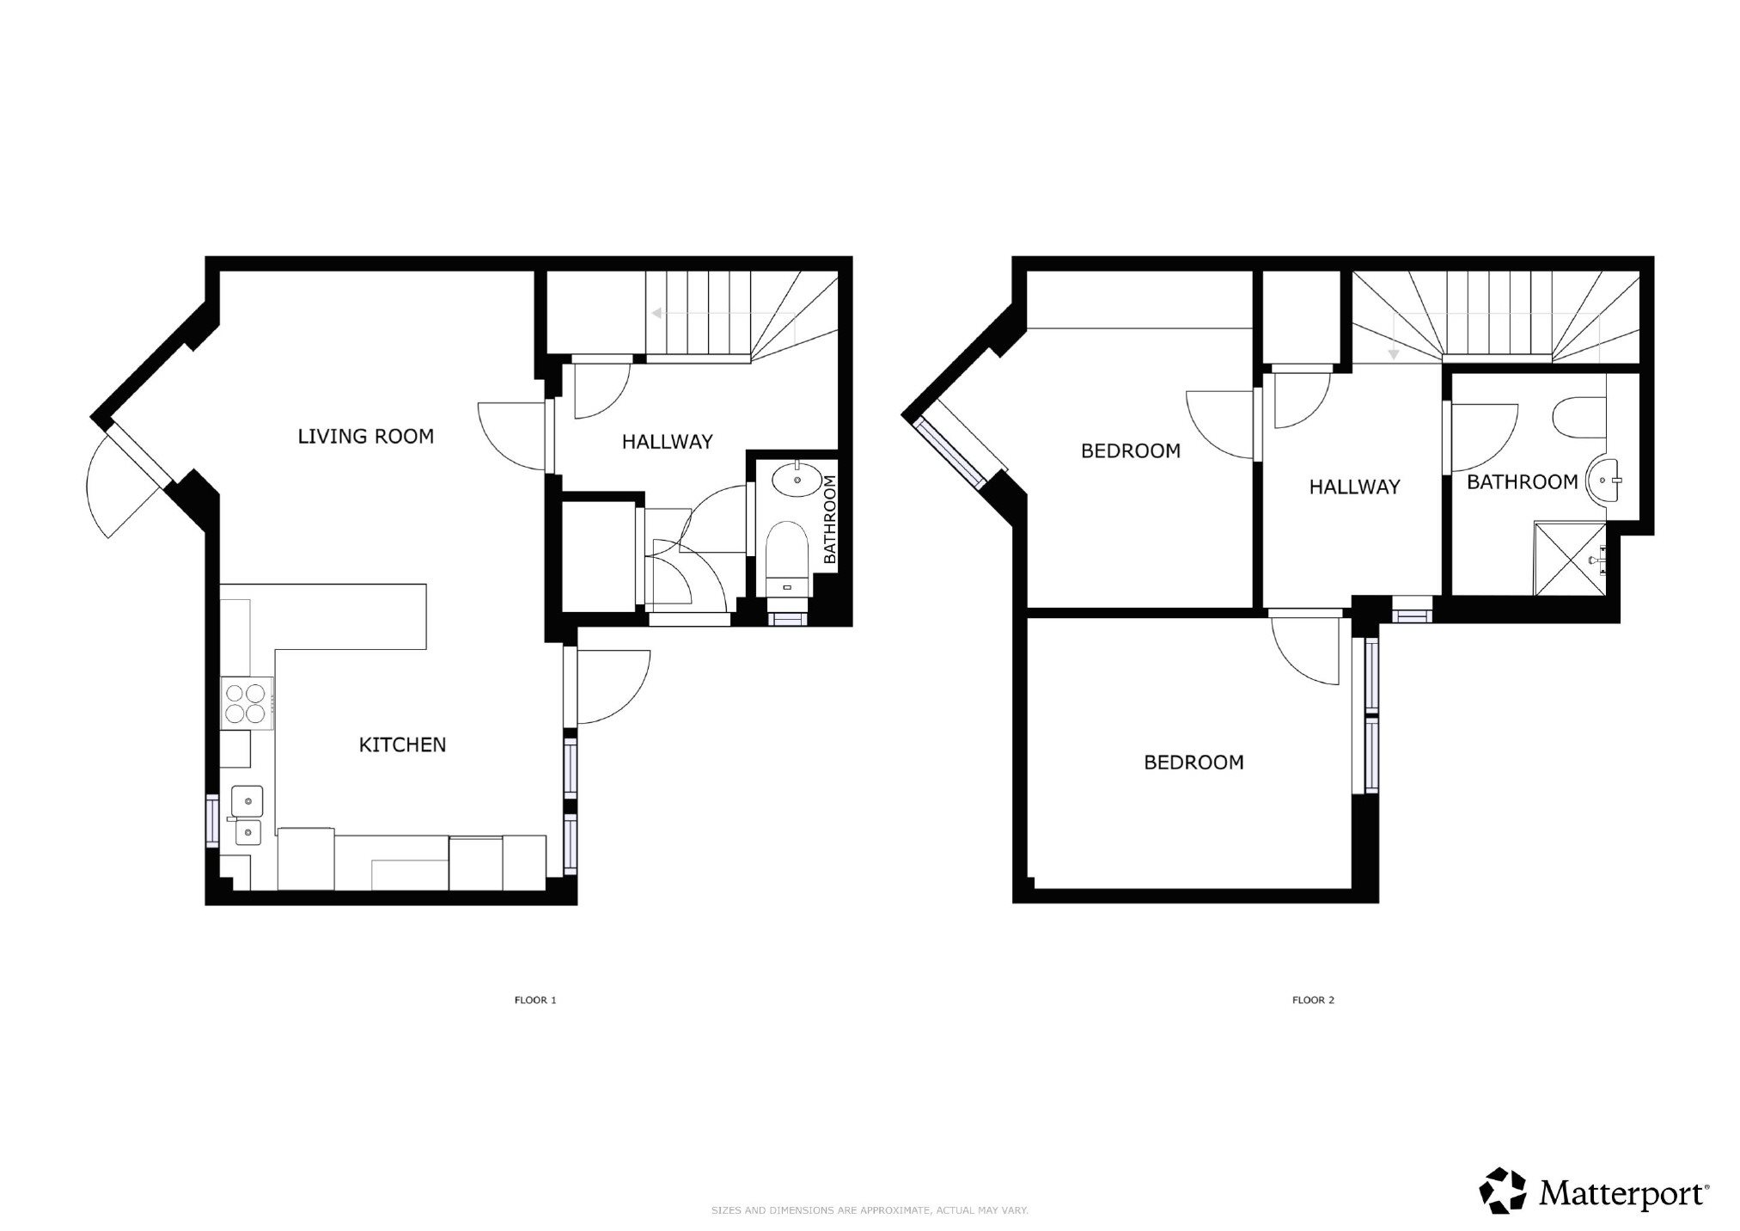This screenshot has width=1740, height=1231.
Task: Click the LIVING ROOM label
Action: pos(365,437)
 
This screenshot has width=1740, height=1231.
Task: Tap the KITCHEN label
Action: pos(402,744)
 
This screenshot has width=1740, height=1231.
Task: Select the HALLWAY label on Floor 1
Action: pos(667,442)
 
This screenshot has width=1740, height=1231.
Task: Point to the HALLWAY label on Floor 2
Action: pos(1354,487)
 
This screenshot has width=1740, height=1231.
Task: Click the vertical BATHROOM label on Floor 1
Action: pos(829,519)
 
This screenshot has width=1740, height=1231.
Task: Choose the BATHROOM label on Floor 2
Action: pos(1522,482)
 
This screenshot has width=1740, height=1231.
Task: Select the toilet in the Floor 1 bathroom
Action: pos(787,559)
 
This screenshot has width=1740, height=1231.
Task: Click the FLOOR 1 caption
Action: pos(535,1000)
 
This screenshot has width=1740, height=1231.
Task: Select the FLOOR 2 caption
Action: pos(1313,1000)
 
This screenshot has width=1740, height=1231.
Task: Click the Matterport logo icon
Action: pos(1502,1190)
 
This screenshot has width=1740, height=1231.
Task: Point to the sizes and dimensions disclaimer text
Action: pos(870,1210)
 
